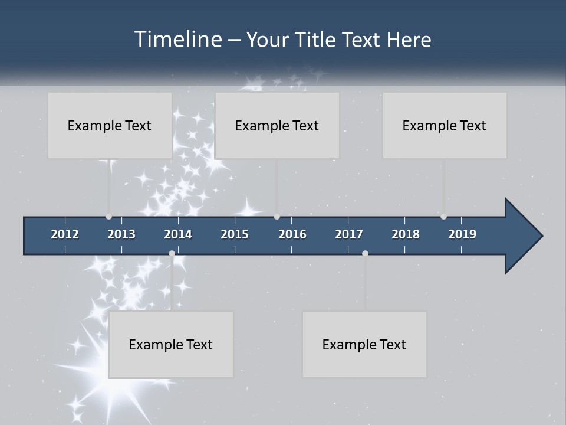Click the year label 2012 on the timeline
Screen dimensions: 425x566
coord(65,234)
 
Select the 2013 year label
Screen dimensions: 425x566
coord(121,234)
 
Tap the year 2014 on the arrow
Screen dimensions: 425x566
coord(178,234)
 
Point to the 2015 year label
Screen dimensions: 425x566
coord(235,234)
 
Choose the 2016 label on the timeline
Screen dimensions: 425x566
coord(292,234)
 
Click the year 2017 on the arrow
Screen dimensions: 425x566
coord(349,234)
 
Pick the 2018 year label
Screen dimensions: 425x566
coord(406,234)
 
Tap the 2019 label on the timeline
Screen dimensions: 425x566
coord(462,234)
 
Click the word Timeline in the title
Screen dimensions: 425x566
coord(177,40)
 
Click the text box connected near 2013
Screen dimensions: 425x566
coord(110,125)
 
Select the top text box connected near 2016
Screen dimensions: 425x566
coord(277,125)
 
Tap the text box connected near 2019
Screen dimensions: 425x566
coord(445,125)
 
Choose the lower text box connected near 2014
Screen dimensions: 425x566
coord(171,344)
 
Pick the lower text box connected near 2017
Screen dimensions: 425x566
coord(364,344)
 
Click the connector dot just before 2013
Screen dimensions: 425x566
coord(108,217)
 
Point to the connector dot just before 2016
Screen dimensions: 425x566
coord(277,217)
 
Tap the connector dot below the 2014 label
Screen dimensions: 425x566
coord(172,253)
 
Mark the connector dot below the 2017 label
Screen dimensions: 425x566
coord(365,253)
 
